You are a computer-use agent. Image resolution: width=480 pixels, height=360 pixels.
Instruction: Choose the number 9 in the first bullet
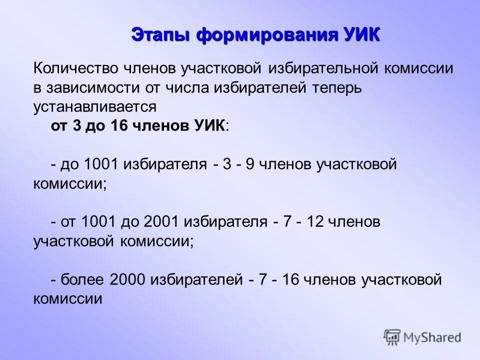[249, 164]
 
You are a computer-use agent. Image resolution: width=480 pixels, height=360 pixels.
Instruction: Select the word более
[82, 279]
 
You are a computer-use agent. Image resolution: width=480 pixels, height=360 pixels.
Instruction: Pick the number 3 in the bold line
[76, 125]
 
